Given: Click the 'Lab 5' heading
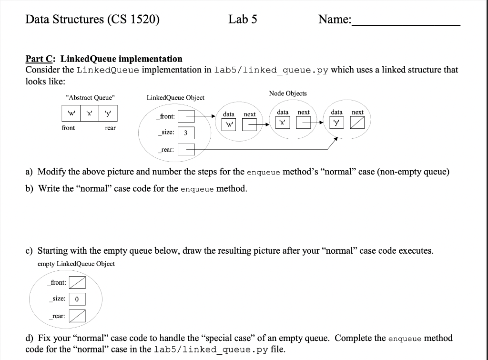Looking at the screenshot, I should click(243, 20).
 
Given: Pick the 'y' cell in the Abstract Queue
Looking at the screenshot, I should click(109, 113).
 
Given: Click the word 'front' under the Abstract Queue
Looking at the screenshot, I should click(68, 128).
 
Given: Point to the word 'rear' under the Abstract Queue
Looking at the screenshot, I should click(110, 128).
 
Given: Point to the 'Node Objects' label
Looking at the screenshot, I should click(288, 93).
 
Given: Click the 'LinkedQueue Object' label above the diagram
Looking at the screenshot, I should click(175, 98).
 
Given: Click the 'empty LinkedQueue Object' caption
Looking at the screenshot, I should click(76, 264).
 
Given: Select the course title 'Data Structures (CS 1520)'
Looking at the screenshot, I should click(92, 20).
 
